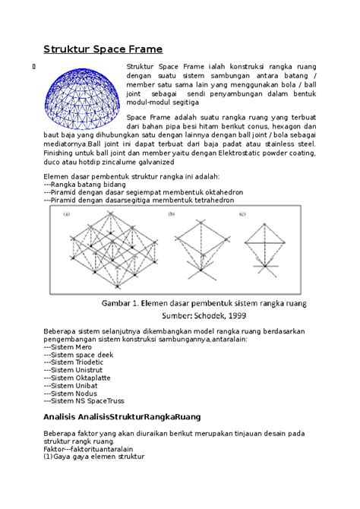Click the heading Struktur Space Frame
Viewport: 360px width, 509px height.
click(103, 50)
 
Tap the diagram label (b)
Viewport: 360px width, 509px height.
click(179, 214)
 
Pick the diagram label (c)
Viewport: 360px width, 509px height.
click(242, 214)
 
